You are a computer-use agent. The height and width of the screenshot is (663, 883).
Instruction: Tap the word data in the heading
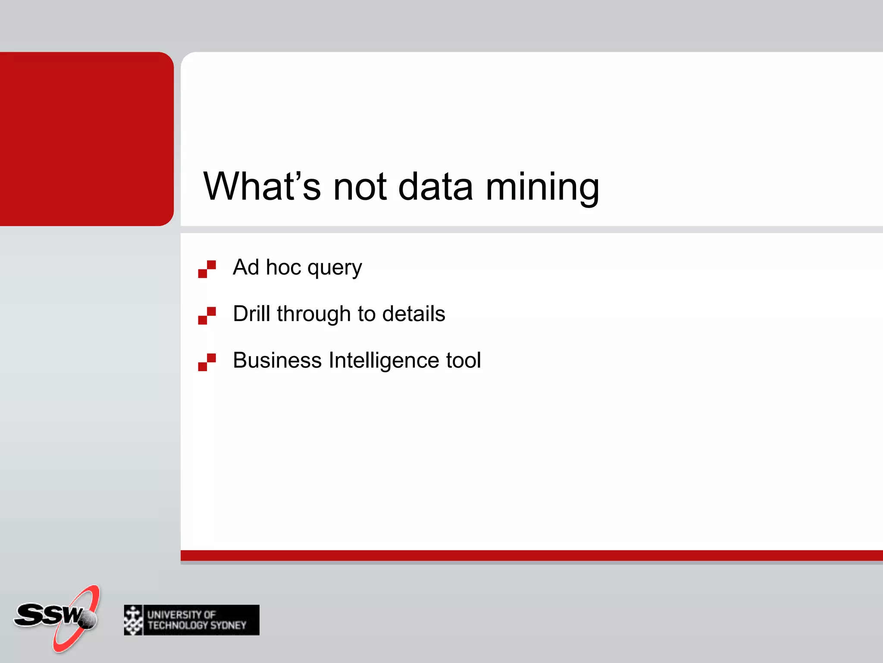click(x=435, y=186)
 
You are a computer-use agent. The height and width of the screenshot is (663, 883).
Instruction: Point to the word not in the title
click(x=360, y=186)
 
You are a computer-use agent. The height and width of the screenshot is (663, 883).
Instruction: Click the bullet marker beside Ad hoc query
click(x=207, y=269)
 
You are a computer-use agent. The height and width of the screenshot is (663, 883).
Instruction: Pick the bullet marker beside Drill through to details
click(x=207, y=316)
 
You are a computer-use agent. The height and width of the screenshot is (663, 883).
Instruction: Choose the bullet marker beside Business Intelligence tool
click(x=207, y=362)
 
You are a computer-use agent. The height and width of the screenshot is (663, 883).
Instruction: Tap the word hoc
click(x=283, y=267)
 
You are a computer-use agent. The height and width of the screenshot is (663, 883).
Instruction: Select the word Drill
click(x=251, y=313)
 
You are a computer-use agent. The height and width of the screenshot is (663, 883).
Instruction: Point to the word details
click(x=413, y=313)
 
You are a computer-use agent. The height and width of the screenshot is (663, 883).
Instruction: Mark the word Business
click(x=277, y=360)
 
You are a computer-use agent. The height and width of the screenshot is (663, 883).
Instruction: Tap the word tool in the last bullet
click(x=463, y=360)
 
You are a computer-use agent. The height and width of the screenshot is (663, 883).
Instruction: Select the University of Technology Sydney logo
click(x=191, y=620)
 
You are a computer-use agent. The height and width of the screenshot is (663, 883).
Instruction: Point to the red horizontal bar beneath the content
click(x=530, y=556)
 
